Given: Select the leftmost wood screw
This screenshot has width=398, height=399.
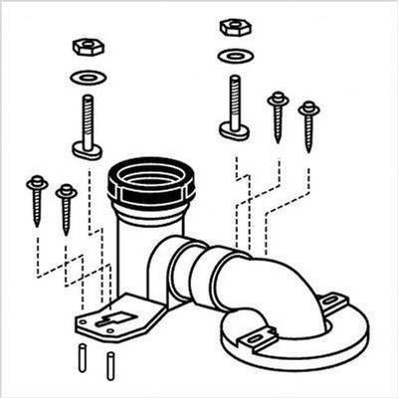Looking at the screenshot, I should (38, 198).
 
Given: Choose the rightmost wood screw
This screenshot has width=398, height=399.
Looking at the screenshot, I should (308, 123).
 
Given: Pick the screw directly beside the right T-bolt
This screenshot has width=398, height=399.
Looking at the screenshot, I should (278, 114).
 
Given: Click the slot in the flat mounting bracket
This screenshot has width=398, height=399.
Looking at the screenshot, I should (109, 319).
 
